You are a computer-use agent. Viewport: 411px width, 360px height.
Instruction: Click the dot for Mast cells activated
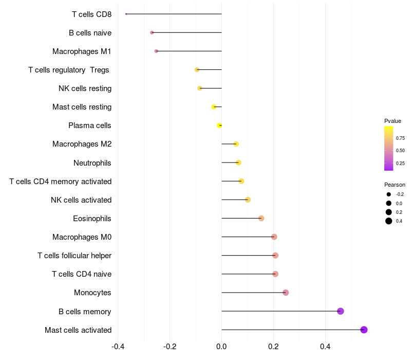364,330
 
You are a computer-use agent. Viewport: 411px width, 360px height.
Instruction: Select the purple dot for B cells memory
340,311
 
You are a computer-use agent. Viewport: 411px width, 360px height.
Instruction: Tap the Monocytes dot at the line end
286,293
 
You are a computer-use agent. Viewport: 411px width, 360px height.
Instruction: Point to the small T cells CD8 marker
126,14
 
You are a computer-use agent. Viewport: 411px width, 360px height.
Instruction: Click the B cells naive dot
152,32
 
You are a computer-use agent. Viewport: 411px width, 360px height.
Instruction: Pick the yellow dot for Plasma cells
219,125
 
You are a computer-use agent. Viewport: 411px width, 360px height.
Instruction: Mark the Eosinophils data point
261,218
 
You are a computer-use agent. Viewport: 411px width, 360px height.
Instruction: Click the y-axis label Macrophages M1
82,51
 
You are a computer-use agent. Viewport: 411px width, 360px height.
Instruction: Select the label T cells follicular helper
74,256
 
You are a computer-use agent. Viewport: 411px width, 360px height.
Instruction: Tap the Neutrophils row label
92,163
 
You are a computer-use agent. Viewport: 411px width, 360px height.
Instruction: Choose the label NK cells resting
85,88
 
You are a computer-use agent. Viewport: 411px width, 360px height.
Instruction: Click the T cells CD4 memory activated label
61,182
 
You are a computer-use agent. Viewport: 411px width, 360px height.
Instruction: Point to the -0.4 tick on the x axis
118,347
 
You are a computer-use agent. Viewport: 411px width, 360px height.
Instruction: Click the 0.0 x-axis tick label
221,347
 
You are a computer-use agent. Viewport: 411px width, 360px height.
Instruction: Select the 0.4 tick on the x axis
325,347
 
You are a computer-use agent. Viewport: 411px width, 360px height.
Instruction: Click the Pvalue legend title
393,121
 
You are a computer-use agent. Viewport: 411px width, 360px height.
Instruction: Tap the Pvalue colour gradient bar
388,148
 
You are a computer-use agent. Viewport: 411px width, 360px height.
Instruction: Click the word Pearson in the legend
395,185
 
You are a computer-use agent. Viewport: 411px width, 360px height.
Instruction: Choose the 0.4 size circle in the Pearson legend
389,221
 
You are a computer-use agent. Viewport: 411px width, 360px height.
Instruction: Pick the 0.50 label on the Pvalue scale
400,151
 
